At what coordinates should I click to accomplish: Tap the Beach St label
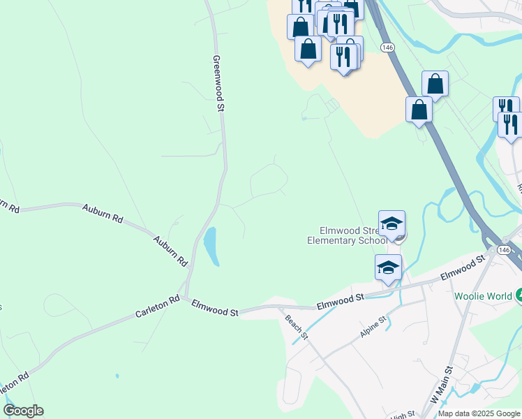pyautogui.click(x=296, y=327)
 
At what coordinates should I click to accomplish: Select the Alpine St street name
pyautogui.click(x=373, y=328)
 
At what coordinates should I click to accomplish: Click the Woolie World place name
pyautogui.click(x=483, y=295)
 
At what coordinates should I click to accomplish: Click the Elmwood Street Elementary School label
pyautogui.click(x=347, y=235)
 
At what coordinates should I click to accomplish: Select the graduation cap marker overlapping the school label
pyautogui.click(x=391, y=224)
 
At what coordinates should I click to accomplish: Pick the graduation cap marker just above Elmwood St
pyautogui.click(x=388, y=267)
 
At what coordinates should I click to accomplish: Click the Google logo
pyautogui.click(x=23, y=411)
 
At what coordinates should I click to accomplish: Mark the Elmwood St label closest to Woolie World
pyautogui.click(x=462, y=268)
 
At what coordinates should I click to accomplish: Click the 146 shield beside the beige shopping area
pyautogui.click(x=388, y=46)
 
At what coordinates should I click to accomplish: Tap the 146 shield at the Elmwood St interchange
pyautogui.click(x=505, y=249)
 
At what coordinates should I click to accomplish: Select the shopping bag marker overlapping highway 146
pyautogui.click(x=419, y=110)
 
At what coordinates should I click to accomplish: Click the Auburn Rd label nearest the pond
pyautogui.click(x=172, y=250)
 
